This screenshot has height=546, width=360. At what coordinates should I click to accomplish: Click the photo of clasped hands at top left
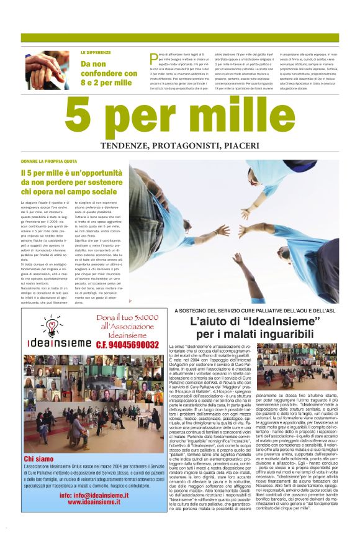click(x=47, y=70)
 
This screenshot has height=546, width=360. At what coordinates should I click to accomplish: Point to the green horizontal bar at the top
click(x=180, y=38)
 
